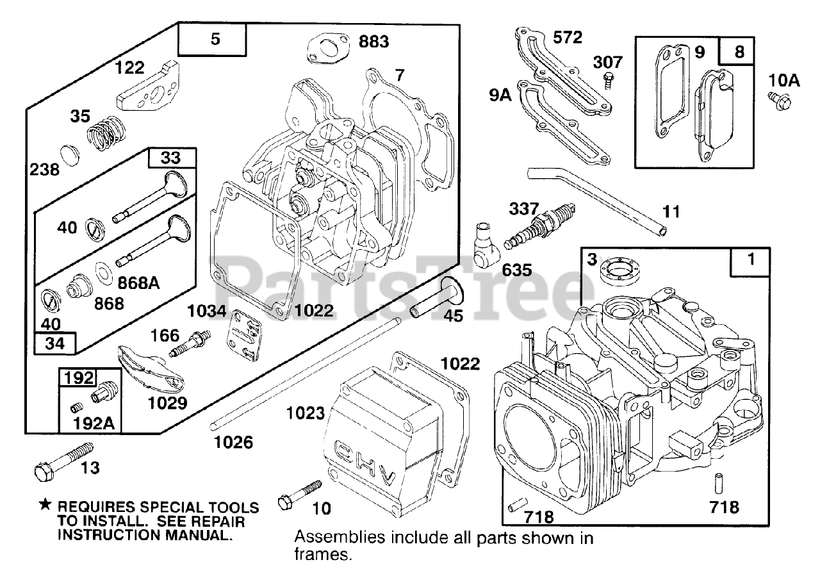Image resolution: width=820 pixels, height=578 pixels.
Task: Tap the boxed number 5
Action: click(215, 39)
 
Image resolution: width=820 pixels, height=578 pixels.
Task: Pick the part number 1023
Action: click(306, 413)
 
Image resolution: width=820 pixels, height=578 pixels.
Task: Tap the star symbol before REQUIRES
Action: click(44, 506)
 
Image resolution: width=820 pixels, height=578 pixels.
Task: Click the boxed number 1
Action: click(751, 260)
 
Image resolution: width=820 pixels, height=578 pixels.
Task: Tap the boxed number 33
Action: click(170, 158)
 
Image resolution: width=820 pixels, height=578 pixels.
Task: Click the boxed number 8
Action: click(739, 52)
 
